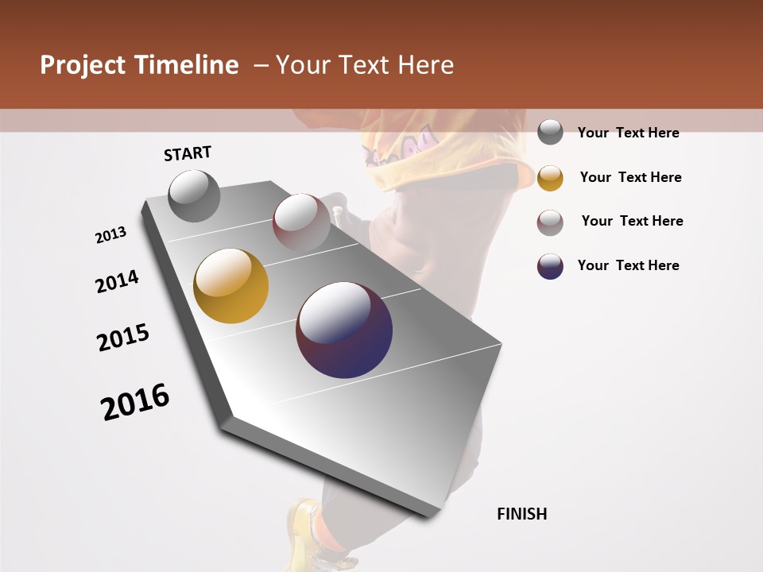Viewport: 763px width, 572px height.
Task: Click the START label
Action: pyautogui.click(x=188, y=153)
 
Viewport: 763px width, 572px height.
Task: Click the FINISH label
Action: pyautogui.click(x=521, y=514)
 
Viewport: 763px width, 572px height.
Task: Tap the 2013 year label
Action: pyautogui.click(x=111, y=235)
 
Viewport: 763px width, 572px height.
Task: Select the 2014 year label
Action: pyautogui.click(x=118, y=282)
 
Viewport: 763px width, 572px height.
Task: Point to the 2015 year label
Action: pyautogui.click(x=123, y=338)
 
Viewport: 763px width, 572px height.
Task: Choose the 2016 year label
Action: pyautogui.click(x=135, y=402)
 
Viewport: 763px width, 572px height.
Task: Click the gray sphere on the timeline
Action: pyautogui.click(x=194, y=195)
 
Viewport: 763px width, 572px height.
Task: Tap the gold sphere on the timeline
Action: pyautogui.click(x=230, y=286)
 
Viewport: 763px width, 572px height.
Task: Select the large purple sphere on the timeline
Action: pyautogui.click(x=344, y=330)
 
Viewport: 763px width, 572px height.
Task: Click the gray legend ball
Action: pyautogui.click(x=550, y=133)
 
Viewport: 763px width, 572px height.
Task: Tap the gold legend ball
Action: pyautogui.click(x=550, y=178)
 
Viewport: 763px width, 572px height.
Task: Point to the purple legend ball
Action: pyautogui.click(x=550, y=266)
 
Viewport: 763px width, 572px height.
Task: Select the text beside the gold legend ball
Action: pyautogui.click(x=630, y=177)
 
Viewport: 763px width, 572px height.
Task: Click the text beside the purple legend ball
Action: pyautogui.click(x=628, y=265)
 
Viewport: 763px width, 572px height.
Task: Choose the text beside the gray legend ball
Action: pyautogui.click(x=628, y=133)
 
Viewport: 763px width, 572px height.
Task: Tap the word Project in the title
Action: pyautogui.click(x=83, y=65)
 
